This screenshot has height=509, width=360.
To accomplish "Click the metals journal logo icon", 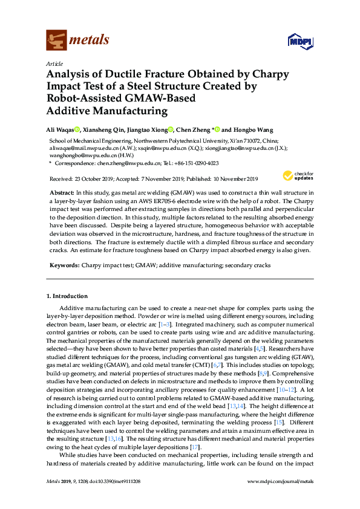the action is [x=56, y=40].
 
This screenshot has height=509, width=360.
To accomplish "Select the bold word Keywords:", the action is [x=63, y=265].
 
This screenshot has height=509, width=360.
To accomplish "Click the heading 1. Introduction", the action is [x=67, y=296].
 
